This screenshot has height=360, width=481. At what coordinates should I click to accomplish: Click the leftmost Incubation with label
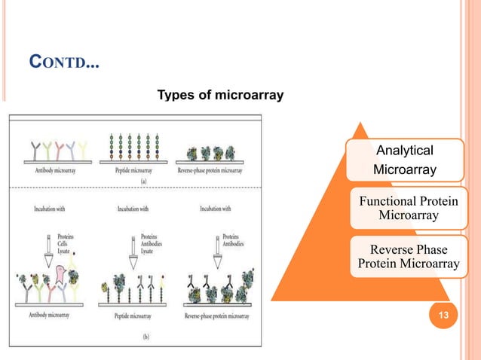[x=47, y=209]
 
